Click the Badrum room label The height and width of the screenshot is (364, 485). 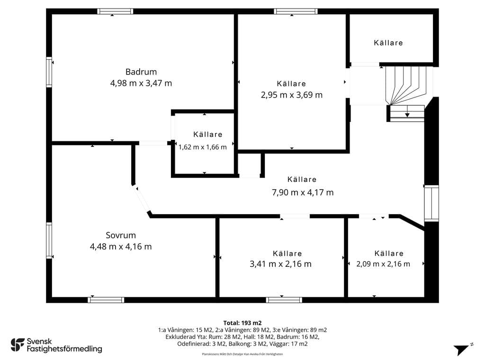141,72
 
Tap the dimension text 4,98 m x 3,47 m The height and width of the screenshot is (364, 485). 141,83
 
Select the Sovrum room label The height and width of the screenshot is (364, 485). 121,235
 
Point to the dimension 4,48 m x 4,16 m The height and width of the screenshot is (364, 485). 121,246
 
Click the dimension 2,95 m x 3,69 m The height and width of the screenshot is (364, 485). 292,95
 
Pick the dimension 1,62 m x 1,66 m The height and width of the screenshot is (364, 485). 203,147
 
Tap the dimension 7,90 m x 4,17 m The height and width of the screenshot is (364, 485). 303,192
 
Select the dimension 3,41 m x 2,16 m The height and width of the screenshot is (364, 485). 280,264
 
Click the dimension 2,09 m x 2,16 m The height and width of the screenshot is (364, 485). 383,264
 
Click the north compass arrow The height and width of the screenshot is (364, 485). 462,350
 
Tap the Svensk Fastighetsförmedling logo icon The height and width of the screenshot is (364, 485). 18,345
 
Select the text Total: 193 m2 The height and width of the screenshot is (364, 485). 242,323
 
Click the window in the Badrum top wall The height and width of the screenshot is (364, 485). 115,11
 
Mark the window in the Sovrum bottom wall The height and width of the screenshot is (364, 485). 106,300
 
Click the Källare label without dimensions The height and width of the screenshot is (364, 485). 388,43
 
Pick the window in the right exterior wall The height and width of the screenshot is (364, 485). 431,203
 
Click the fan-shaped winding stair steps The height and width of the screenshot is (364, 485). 405,85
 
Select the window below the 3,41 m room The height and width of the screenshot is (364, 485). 284,300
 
